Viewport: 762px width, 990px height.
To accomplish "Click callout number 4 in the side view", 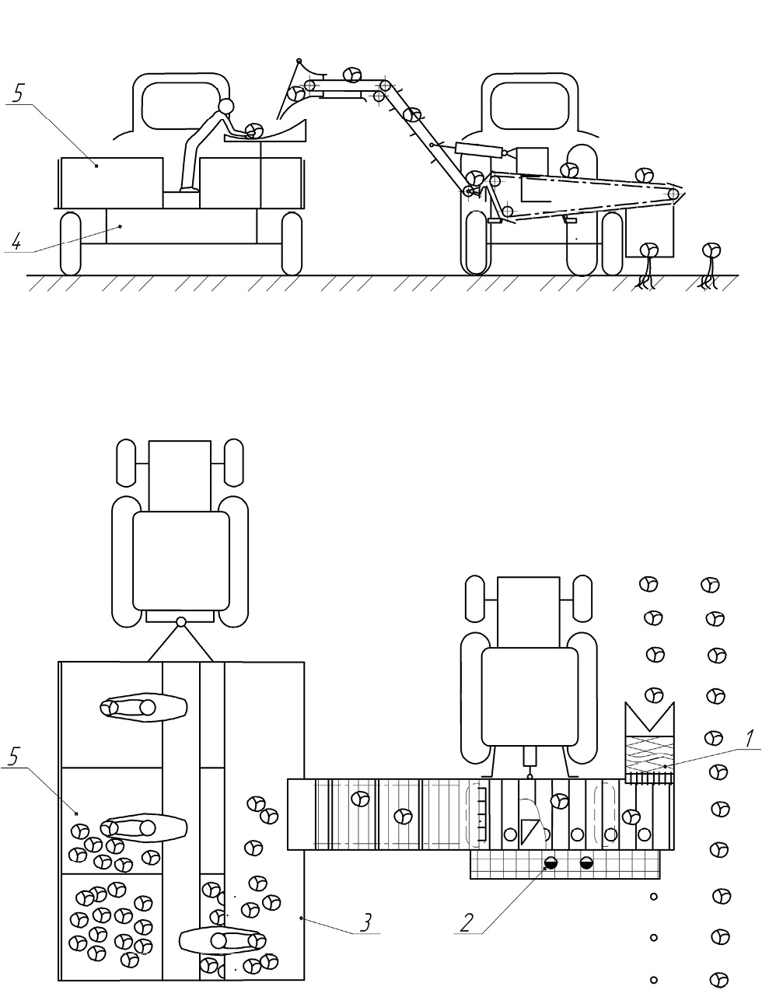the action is pyautogui.click(x=16, y=243).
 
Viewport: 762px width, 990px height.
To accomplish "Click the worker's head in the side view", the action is pyautogui.click(x=225, y=107).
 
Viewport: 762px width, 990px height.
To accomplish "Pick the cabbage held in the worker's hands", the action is pyautogui.click(x=253, y=131).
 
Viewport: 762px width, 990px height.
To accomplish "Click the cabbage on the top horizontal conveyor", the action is pyautogui.click(x=351, y=75).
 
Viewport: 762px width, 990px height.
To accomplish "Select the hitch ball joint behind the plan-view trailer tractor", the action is pyautogui.click(x=181, y=621).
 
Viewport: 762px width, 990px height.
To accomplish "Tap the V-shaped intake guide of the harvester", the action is pyautogui.click(x=650, y=719).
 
